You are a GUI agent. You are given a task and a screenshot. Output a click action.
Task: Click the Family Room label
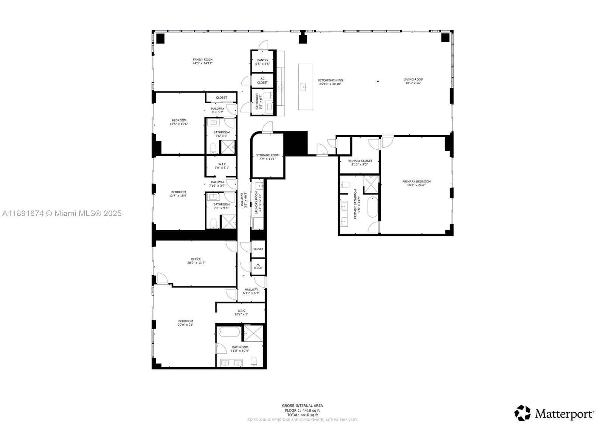(x=202, y=61)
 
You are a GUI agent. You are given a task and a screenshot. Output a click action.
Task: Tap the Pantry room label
(x=262, y=62)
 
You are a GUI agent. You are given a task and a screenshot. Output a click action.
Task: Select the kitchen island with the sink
(x=305, y=87)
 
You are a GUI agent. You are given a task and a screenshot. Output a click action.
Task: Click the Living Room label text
(x=413, y=81)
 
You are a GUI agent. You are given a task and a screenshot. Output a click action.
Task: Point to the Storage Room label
(x=268, y=157)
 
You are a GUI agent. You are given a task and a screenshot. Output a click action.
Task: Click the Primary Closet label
(x=360, y=162)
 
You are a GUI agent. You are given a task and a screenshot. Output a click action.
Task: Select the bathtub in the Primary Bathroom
(x=372, y=207)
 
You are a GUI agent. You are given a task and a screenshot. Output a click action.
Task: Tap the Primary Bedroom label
(x=416, y=183)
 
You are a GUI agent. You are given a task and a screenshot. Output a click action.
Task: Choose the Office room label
(x=196, y=261)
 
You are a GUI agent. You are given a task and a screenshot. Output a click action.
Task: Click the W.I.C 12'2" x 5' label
(x=241, y=312)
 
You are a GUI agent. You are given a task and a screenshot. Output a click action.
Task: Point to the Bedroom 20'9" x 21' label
(x=185, y=323)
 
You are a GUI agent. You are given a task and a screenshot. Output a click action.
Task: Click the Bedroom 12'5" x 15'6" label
(x=179, y=122)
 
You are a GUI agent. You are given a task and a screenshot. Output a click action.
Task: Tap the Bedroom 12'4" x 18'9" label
(x=178, y=193)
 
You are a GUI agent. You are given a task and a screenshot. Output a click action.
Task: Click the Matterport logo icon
(x=522, y=413)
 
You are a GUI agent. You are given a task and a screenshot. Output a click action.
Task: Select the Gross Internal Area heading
(x=302, y=406)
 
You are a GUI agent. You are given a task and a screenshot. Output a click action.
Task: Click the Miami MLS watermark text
(x=62, y=213)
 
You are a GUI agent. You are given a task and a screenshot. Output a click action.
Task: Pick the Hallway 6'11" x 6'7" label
(x=251, y=291)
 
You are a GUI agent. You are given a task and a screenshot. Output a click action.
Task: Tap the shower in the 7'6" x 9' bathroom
(x=228, y=147)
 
